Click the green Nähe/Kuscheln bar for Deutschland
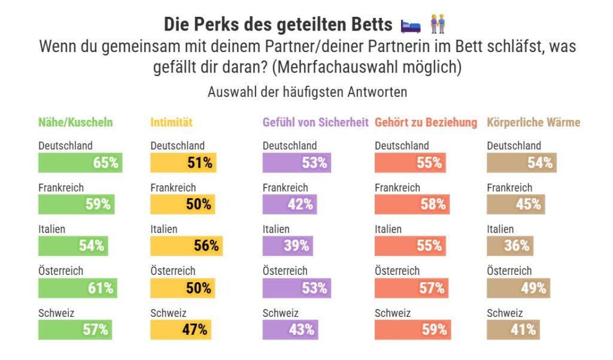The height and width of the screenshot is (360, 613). (80, 163)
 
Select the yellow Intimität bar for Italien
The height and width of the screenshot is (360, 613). (186, 246)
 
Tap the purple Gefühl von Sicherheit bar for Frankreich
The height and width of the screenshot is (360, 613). (289, 204)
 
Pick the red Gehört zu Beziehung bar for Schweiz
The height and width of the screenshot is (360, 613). (412, 329)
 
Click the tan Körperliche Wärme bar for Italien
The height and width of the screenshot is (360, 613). (509, 246)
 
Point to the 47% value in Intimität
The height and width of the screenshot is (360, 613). (198, 329)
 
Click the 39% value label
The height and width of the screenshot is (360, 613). (296, 246)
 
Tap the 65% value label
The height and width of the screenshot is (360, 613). (105, 163)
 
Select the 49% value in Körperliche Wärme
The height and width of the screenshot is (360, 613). (533, 288)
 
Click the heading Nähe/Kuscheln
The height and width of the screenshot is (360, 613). (75, 122)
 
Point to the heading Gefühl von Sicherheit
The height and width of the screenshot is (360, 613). (315, 122)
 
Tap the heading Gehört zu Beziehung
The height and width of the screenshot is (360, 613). (426, 122)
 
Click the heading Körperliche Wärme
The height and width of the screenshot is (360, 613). (533, 122)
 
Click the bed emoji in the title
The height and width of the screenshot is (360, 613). (411, 25)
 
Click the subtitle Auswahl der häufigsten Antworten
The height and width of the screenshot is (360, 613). (307, 92)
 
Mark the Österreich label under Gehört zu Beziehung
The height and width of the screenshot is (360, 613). (397, 271)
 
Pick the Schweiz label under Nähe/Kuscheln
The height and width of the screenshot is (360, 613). (56, 313)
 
